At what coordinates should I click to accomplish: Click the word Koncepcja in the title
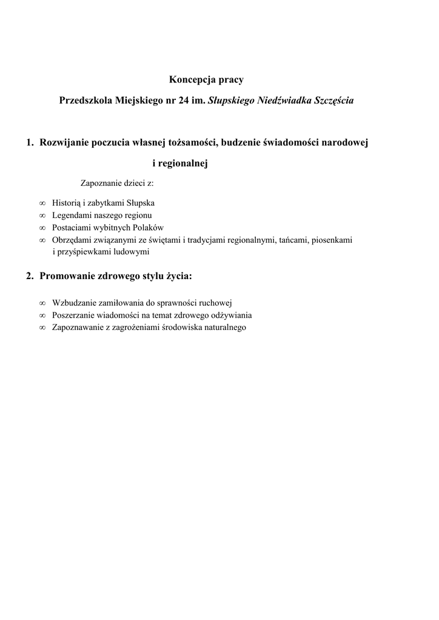coord(190,80)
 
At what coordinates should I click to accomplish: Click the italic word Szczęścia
coord(334,101)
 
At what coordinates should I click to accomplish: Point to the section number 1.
coord(29,143)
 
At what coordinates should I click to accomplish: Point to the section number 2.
coord(29,276)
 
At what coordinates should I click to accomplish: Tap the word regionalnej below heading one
coord(183,163)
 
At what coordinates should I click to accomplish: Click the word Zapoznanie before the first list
coord(101,183)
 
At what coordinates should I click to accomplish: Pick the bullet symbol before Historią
coord(42,203)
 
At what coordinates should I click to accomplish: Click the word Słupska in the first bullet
coord(141,203)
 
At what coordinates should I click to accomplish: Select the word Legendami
coord(73,215)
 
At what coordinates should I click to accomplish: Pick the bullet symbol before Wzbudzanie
coord(42,303)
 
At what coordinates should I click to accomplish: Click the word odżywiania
coord(232,315)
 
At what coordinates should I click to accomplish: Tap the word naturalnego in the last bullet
coord(221,327)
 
